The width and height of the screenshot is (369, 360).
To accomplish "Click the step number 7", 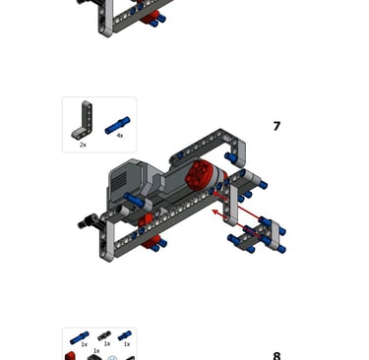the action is pyautogui.click(x=277, y=126).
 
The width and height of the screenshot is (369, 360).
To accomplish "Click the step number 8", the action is pyautogui.click(x=277, y=356).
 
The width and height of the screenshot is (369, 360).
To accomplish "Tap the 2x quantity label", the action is pyautogui.click(x=83, y=145).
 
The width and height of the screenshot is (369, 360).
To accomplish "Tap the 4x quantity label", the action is pyautogui.click(x=120, y=135).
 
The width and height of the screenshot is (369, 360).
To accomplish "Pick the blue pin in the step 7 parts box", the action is pyautogui.click(x=117, y=125).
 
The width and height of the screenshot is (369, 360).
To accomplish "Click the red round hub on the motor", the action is pyautogui.click(x=198, y=173).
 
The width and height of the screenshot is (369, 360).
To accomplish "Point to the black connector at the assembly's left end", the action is pyautogui.click(x=88, y=220).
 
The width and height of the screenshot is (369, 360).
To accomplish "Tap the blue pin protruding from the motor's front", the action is pyautogui.click(x=134, y=200).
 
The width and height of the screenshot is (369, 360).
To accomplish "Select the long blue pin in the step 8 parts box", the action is pyautogui.click(x=79, y=338).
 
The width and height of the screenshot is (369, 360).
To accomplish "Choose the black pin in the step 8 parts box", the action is pyautogui.click(x=104, y=335).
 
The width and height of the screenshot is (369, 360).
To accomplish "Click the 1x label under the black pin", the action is pyautogui.click(x=107, y=343).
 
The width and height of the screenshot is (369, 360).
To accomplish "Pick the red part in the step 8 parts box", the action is pyautogui.click(x=70, y=356).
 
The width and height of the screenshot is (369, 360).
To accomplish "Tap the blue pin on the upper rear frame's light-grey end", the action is pyautogui.click(x=231, y=157).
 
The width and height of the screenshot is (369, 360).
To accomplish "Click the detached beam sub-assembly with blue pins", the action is pyautogui.click(x=257, y=234).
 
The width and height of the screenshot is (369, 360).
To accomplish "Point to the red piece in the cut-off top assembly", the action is pyautogui.click(x=150, y=18).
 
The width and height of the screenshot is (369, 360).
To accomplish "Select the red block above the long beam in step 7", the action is pyautogui.click(x=146, y=220).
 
